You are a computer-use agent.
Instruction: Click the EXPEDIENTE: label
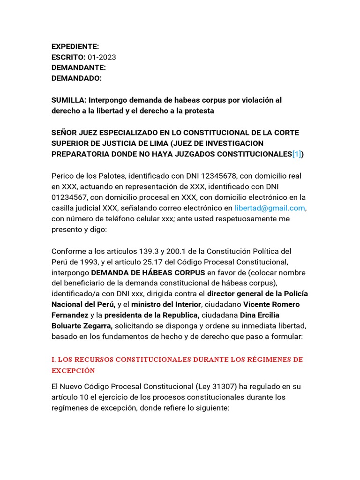click(75, 46)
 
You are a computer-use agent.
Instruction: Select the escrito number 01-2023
click(102, 57)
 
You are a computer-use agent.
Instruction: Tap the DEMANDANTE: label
click(78, 67)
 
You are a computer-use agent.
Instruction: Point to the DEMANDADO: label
click(76, 78)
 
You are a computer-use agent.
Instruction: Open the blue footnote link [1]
click(297, 154)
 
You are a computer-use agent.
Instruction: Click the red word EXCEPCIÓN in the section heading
click(73, 370)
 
